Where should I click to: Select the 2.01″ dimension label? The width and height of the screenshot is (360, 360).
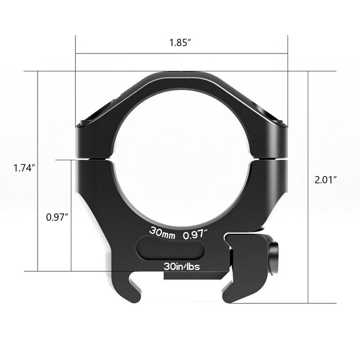[x=326, y=179]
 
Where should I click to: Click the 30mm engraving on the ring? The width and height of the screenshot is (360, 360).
[x=161, y=230]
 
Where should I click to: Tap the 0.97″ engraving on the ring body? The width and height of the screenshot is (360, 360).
[x=196, y=230]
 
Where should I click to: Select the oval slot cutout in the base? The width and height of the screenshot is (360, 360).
[x=169, y=247]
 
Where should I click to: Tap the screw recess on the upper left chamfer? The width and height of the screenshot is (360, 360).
[x=90, y=119]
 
